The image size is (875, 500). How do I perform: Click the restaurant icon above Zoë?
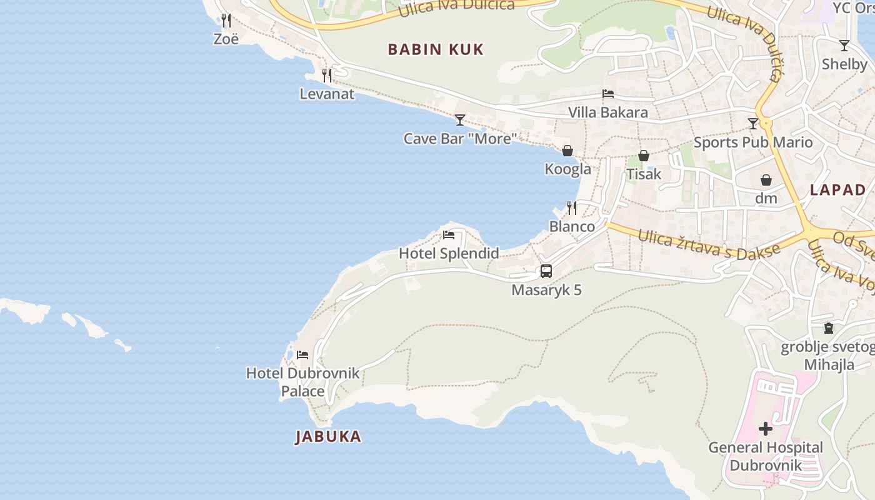point(226,21)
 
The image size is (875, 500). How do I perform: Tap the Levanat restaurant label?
point(327,94)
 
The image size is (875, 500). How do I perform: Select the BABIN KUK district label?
point(436,49)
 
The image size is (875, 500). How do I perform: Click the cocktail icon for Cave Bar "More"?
point(460,119)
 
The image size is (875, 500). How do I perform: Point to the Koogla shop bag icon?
point(567,151)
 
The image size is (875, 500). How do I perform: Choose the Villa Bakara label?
point(607,112)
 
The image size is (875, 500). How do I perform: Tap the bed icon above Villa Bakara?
point(607,94)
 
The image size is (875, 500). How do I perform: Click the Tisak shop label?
point(644,174)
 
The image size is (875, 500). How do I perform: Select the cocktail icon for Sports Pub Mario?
point(753,124)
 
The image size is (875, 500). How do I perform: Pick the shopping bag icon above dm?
point(766,181)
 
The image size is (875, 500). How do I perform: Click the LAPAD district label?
point(838,190)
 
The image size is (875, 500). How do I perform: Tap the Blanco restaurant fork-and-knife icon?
point(572,208)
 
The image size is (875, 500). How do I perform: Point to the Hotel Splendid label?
point(449,253)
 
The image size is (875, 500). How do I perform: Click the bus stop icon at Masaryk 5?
point(546,271)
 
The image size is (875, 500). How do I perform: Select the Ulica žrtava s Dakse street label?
point(709,245)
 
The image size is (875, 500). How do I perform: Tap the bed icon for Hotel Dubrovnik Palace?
point(302,355)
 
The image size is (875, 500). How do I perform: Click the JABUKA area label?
point(328,436)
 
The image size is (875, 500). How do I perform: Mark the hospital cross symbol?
point(766,429)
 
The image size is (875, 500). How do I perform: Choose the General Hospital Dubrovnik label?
point(766,456)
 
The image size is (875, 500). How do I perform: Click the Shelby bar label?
point(844,64)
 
